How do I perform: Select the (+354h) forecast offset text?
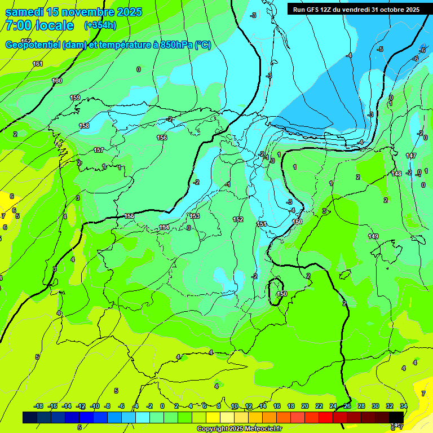(100, 25)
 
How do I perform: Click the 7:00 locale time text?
(39, 25)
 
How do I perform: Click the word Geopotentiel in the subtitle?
(32, 45)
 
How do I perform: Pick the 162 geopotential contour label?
(26, 41)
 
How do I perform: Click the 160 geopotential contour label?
(57, 81)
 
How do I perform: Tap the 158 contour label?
(84, 126)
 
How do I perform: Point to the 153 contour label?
(195, 216)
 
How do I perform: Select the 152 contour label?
(238, 219)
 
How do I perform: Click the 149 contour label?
(373, 236)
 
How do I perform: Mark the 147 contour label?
(410, 156)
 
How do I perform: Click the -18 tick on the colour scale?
(38, 406)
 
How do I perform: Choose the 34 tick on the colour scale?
(403, 406)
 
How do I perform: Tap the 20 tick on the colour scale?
(304, 406)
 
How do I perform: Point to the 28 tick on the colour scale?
(361, 406)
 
